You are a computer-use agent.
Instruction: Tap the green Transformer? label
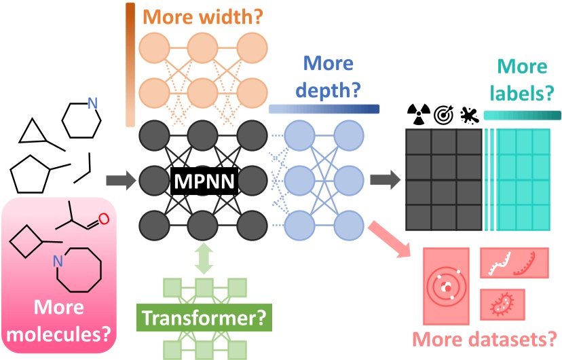coord(202,317)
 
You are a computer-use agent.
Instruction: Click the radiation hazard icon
coord(417,113)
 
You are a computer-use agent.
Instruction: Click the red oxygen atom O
coord(103,219)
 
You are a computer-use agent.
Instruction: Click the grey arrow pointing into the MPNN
coord(119,181)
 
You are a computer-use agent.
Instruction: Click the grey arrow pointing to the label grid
coord(384,181)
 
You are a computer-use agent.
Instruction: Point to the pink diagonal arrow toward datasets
coord(392,240)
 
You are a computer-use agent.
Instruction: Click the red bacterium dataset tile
coord(504,304)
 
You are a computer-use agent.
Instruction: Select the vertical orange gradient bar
coord(130,65)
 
